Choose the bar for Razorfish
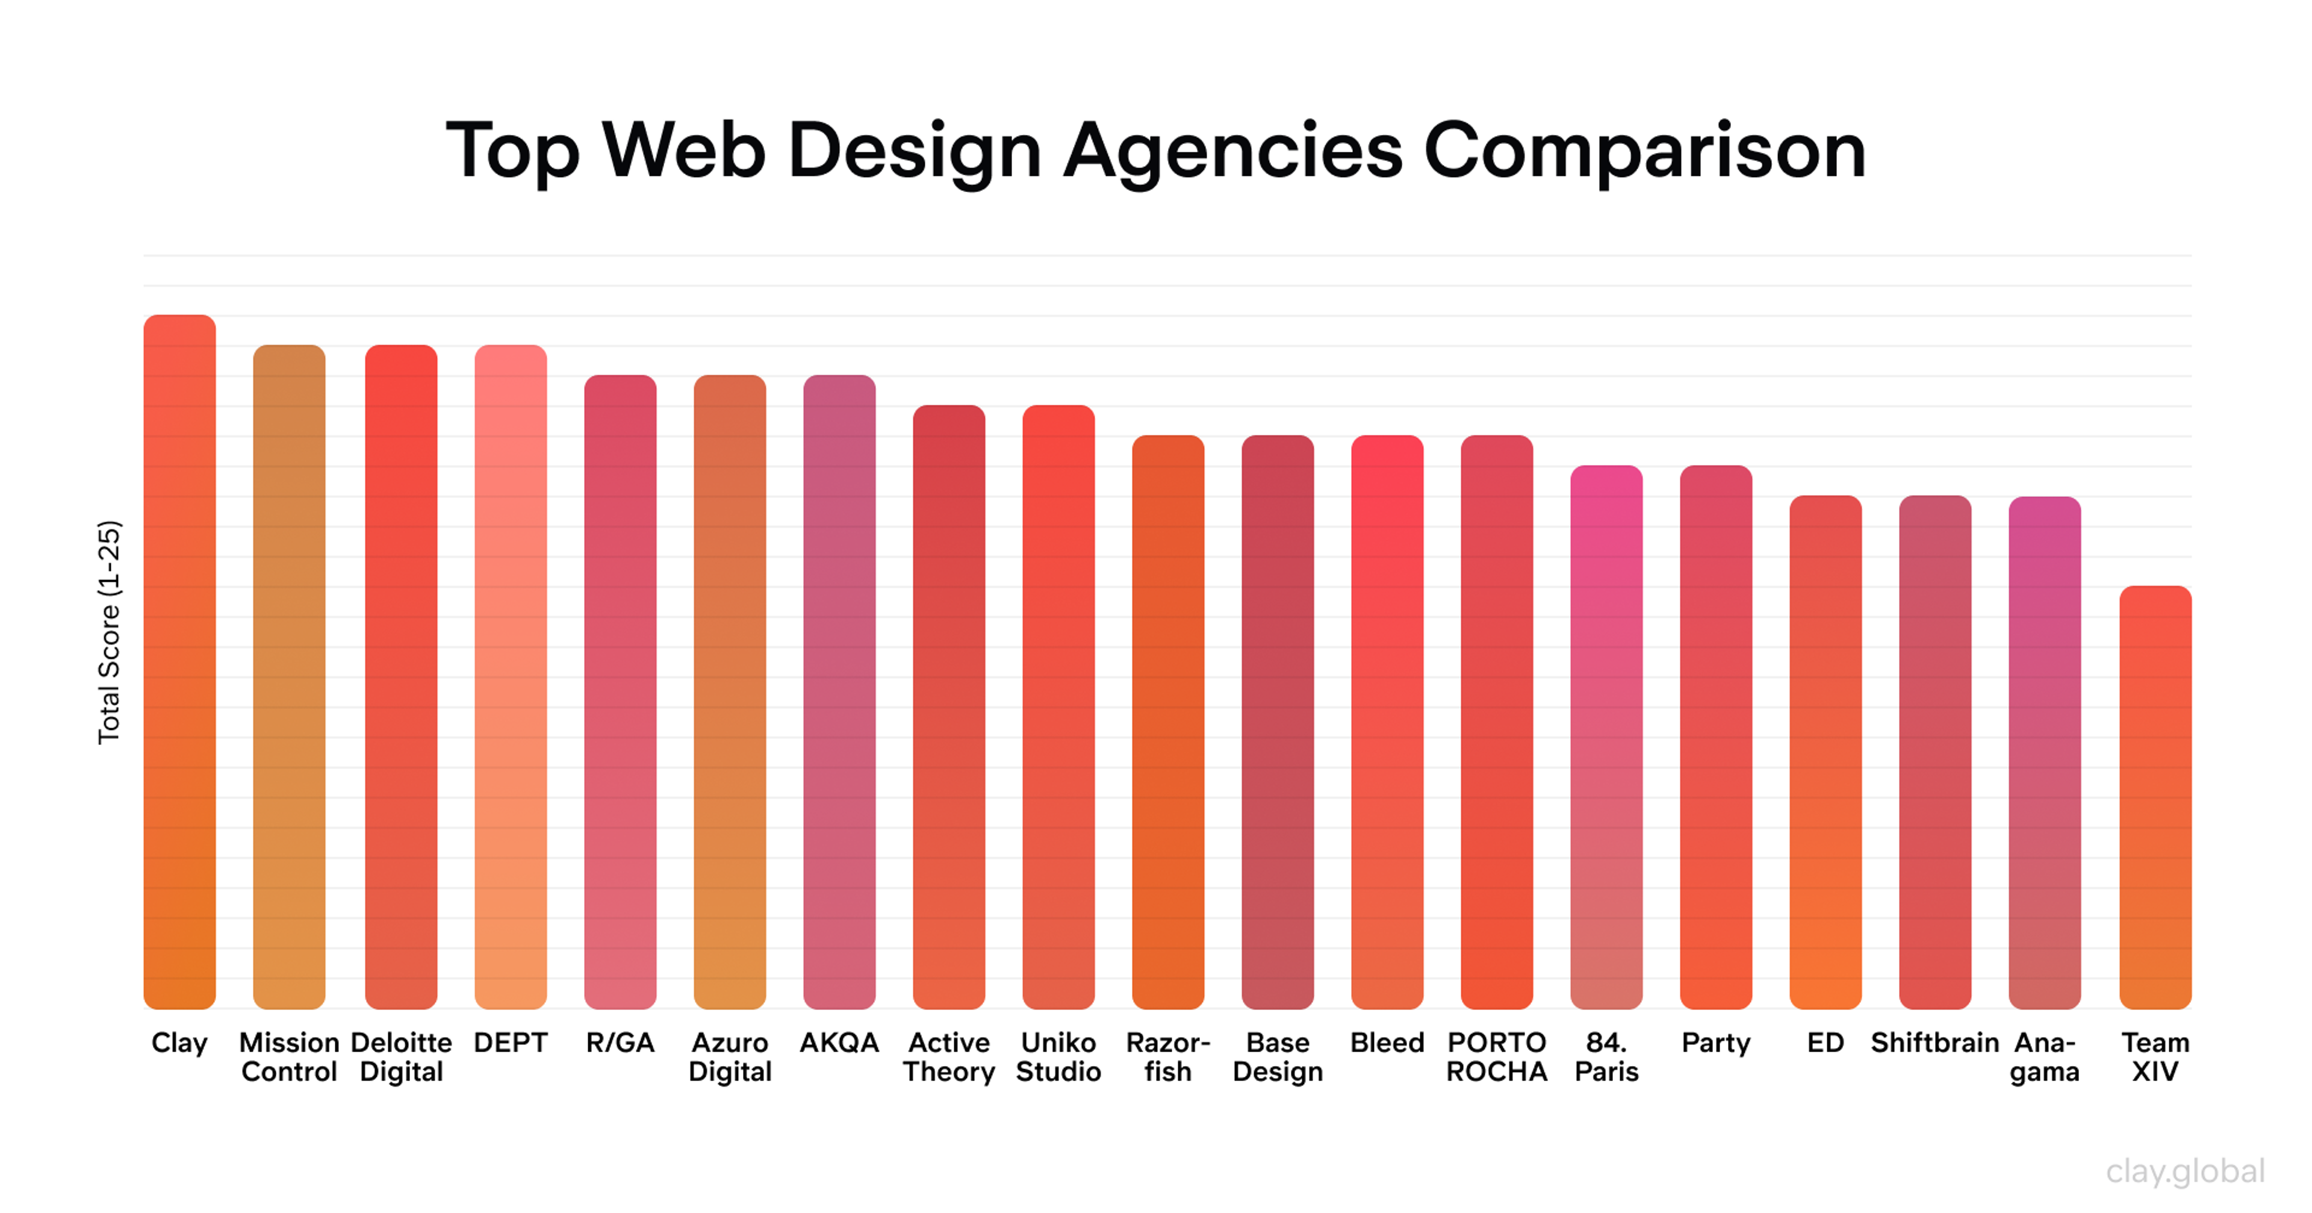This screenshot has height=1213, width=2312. point(1167,722)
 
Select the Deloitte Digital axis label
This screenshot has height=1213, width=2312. point(400,1057)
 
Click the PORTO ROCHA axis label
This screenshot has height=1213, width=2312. point(1496,1057)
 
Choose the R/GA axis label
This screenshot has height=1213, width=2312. point(620,1043)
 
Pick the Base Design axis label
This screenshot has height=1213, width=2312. point(1277,1057)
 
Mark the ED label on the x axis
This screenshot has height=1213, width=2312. point(1825,1043)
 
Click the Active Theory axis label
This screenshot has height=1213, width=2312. point(949,1057)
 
